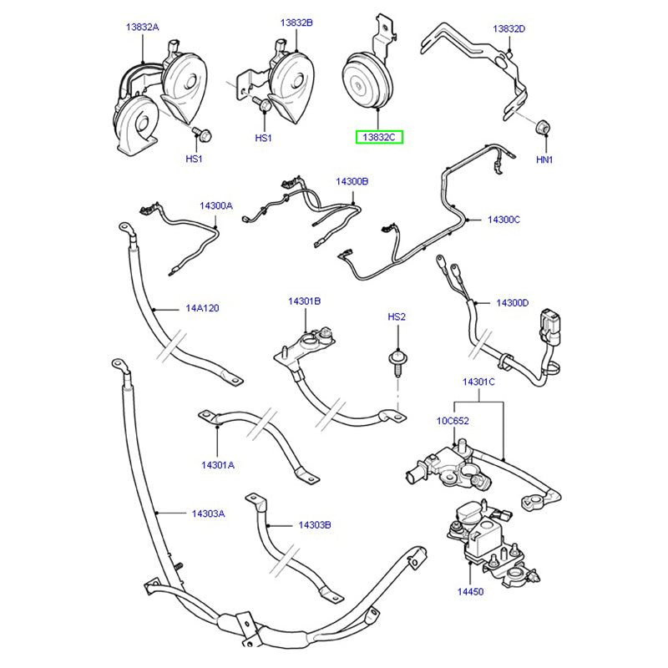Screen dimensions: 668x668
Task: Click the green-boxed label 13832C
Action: [380, 136]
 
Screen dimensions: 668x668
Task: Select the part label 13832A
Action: [142, 28]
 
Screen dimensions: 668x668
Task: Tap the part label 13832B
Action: [296, 23]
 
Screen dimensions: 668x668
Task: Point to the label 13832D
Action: [509, 28]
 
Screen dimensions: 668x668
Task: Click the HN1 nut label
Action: [545, 159]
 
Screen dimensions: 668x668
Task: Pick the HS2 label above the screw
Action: [396, 317]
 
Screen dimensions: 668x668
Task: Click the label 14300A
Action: [215, 205]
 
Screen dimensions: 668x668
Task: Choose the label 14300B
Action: [352, 181]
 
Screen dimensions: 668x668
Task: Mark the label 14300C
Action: [504, 220]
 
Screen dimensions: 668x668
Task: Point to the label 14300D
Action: [512, 302]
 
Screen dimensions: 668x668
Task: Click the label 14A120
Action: [201, 308]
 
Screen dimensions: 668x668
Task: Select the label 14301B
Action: [305, 301]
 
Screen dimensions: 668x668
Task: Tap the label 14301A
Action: [218, 463]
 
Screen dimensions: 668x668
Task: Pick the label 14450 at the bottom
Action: [469, 591]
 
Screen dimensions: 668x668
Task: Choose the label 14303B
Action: [315, 525]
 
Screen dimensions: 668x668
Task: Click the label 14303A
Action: [208, 514]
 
